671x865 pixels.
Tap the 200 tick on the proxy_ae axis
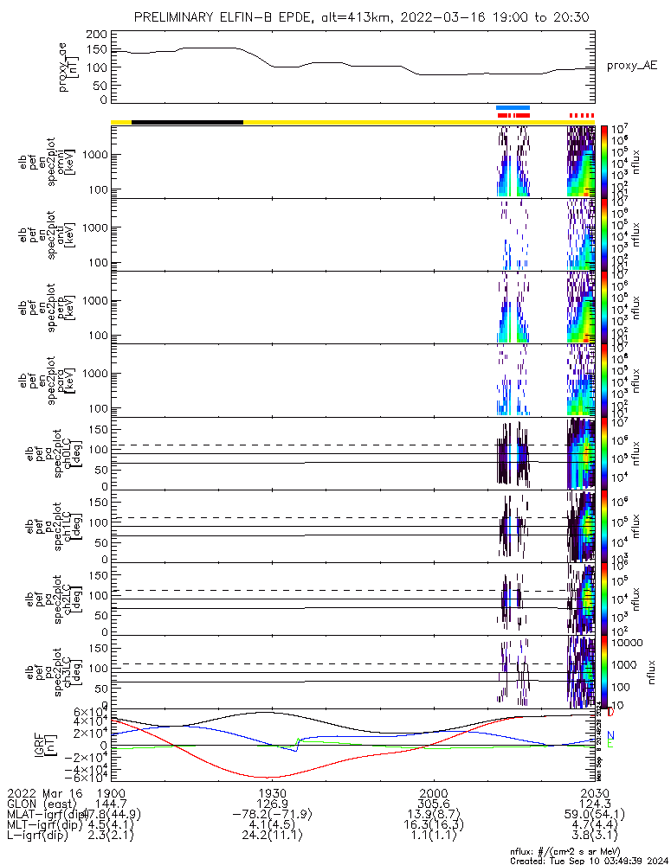(x=97, y=33)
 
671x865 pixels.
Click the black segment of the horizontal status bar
(x=187, y=122)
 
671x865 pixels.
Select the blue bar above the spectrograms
(x=513, y=107)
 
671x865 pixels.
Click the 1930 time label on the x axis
(x=272, y=793)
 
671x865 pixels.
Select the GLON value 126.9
(x=272, y=805)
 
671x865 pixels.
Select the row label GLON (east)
(x=42, y=805)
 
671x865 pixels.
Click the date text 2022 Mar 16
(x=42, y=793)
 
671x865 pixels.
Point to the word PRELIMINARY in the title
(x=184, y=17)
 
